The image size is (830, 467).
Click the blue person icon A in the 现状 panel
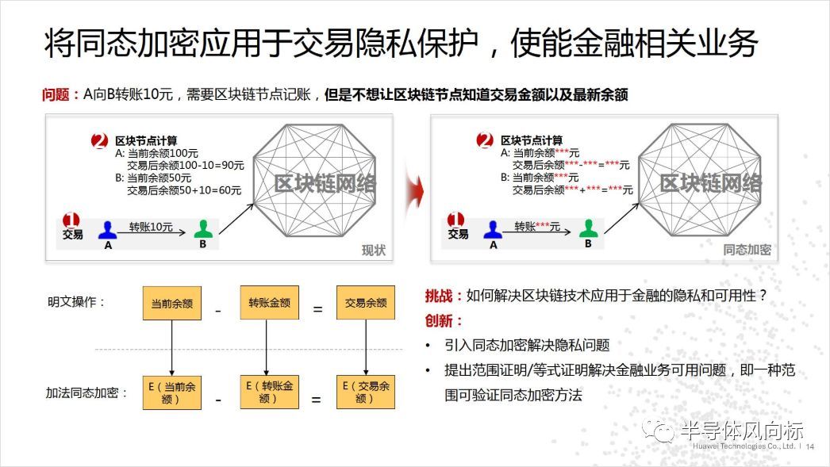tap(108, 231)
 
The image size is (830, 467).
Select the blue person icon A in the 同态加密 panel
tap(493, 230)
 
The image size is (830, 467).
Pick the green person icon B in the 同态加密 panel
tap(588, 229)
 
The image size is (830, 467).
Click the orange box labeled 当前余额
tap(171, 303)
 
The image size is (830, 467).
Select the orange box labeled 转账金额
tap(269, 303)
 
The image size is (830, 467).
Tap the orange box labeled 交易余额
tap(366, 303)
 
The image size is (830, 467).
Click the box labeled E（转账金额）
tap(269, 392)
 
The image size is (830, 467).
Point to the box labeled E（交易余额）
tap(366, 392)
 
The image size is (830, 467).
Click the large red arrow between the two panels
tap(412, 191)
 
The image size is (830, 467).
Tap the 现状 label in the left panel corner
tap(373, 251)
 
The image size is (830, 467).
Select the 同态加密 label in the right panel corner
tap(747, 251)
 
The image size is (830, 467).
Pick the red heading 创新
tap(440, 321)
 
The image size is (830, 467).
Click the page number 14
tap(811, 447)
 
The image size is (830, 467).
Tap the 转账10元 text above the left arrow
tap(152, 226)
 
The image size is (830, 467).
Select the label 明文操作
tap(76, 302)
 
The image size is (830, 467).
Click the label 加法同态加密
tap(87, 392)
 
